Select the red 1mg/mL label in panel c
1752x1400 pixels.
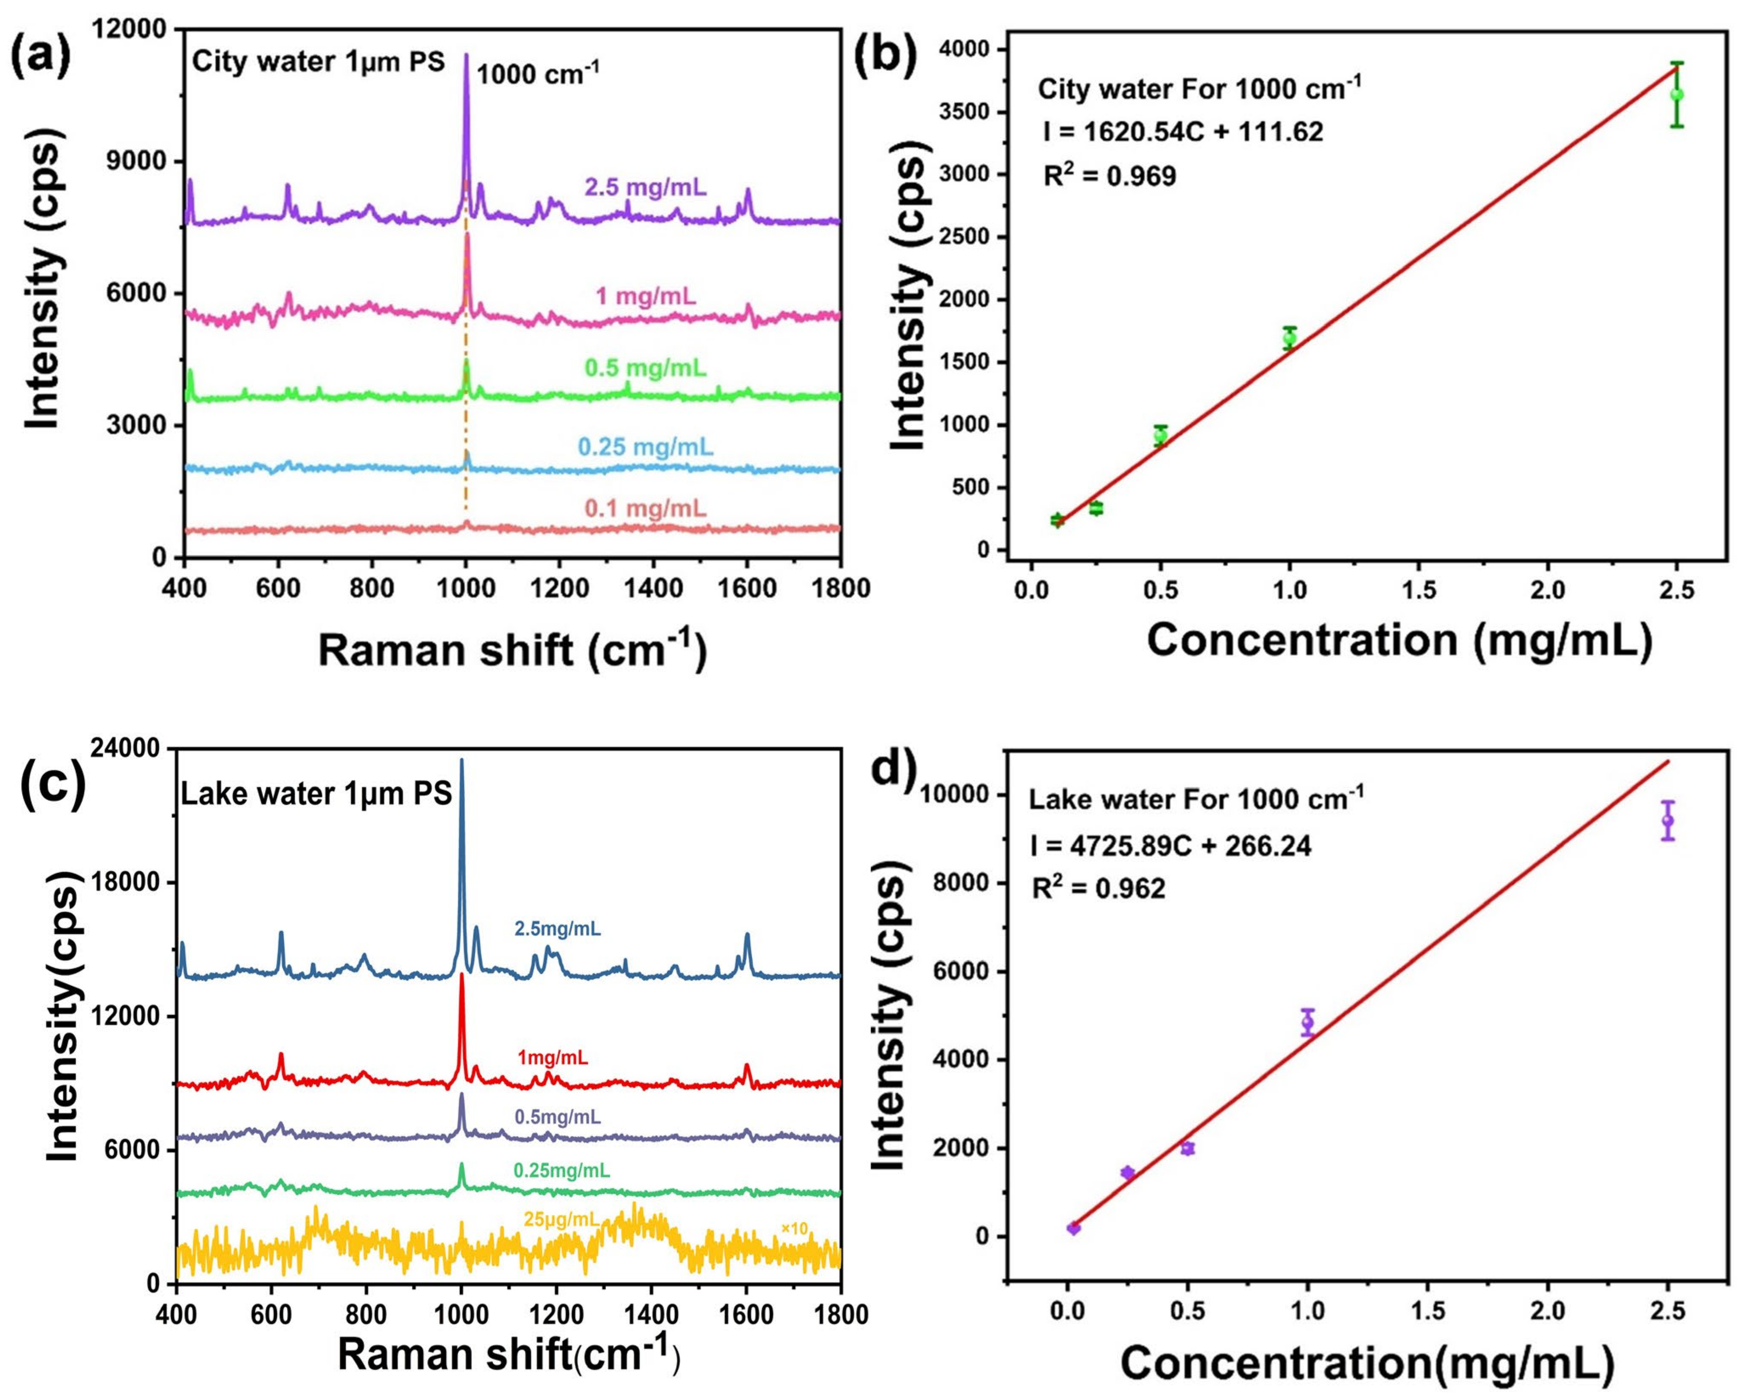(553, 1058)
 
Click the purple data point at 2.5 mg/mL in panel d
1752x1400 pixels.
(1667, 820)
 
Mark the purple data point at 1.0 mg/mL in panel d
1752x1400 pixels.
(1307, 1022)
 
